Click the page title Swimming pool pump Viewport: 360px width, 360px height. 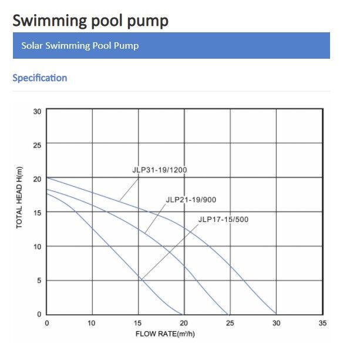90,21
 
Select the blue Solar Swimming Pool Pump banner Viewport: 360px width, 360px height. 171,45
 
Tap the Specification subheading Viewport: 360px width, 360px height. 40,78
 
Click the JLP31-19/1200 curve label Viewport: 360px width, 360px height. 159,170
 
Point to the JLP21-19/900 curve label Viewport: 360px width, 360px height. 191,200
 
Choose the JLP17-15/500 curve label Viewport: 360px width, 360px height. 223,220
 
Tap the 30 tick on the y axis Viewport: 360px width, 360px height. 37,111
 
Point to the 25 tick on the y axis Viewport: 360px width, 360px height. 37,144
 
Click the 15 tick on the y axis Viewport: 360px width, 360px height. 37,213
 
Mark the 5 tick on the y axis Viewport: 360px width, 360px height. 39,281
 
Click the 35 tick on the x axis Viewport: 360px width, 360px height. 321,323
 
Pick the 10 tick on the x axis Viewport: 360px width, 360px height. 92,323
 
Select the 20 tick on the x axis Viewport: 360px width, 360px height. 184,323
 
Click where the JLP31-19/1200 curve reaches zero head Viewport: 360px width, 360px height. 275,314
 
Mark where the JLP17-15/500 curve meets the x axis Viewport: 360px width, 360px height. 183,314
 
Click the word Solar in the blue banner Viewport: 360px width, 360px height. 33,45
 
